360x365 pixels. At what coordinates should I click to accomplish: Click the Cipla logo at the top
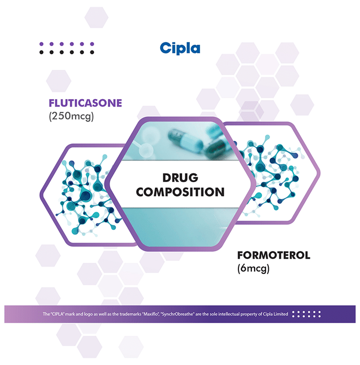point(180,48)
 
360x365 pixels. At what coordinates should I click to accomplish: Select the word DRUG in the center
point(181,177)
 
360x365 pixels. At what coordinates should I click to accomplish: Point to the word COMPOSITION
point(181,191)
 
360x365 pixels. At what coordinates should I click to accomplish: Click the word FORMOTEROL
point(273,256)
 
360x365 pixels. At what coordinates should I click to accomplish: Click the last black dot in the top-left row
point(92,52)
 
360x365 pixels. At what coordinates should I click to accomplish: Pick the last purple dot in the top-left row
point(92,44)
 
